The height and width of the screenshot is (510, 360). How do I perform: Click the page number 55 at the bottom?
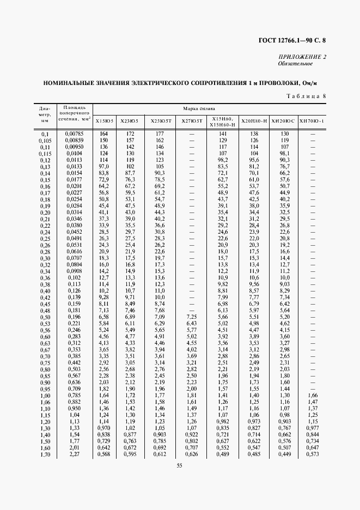(x=179, y=464)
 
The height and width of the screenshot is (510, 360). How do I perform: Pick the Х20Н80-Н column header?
(x=253, y=121)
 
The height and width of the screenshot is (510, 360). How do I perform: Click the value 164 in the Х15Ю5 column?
(x=103, y=133)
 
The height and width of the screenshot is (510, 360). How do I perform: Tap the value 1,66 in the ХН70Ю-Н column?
(x=312, y=395)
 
